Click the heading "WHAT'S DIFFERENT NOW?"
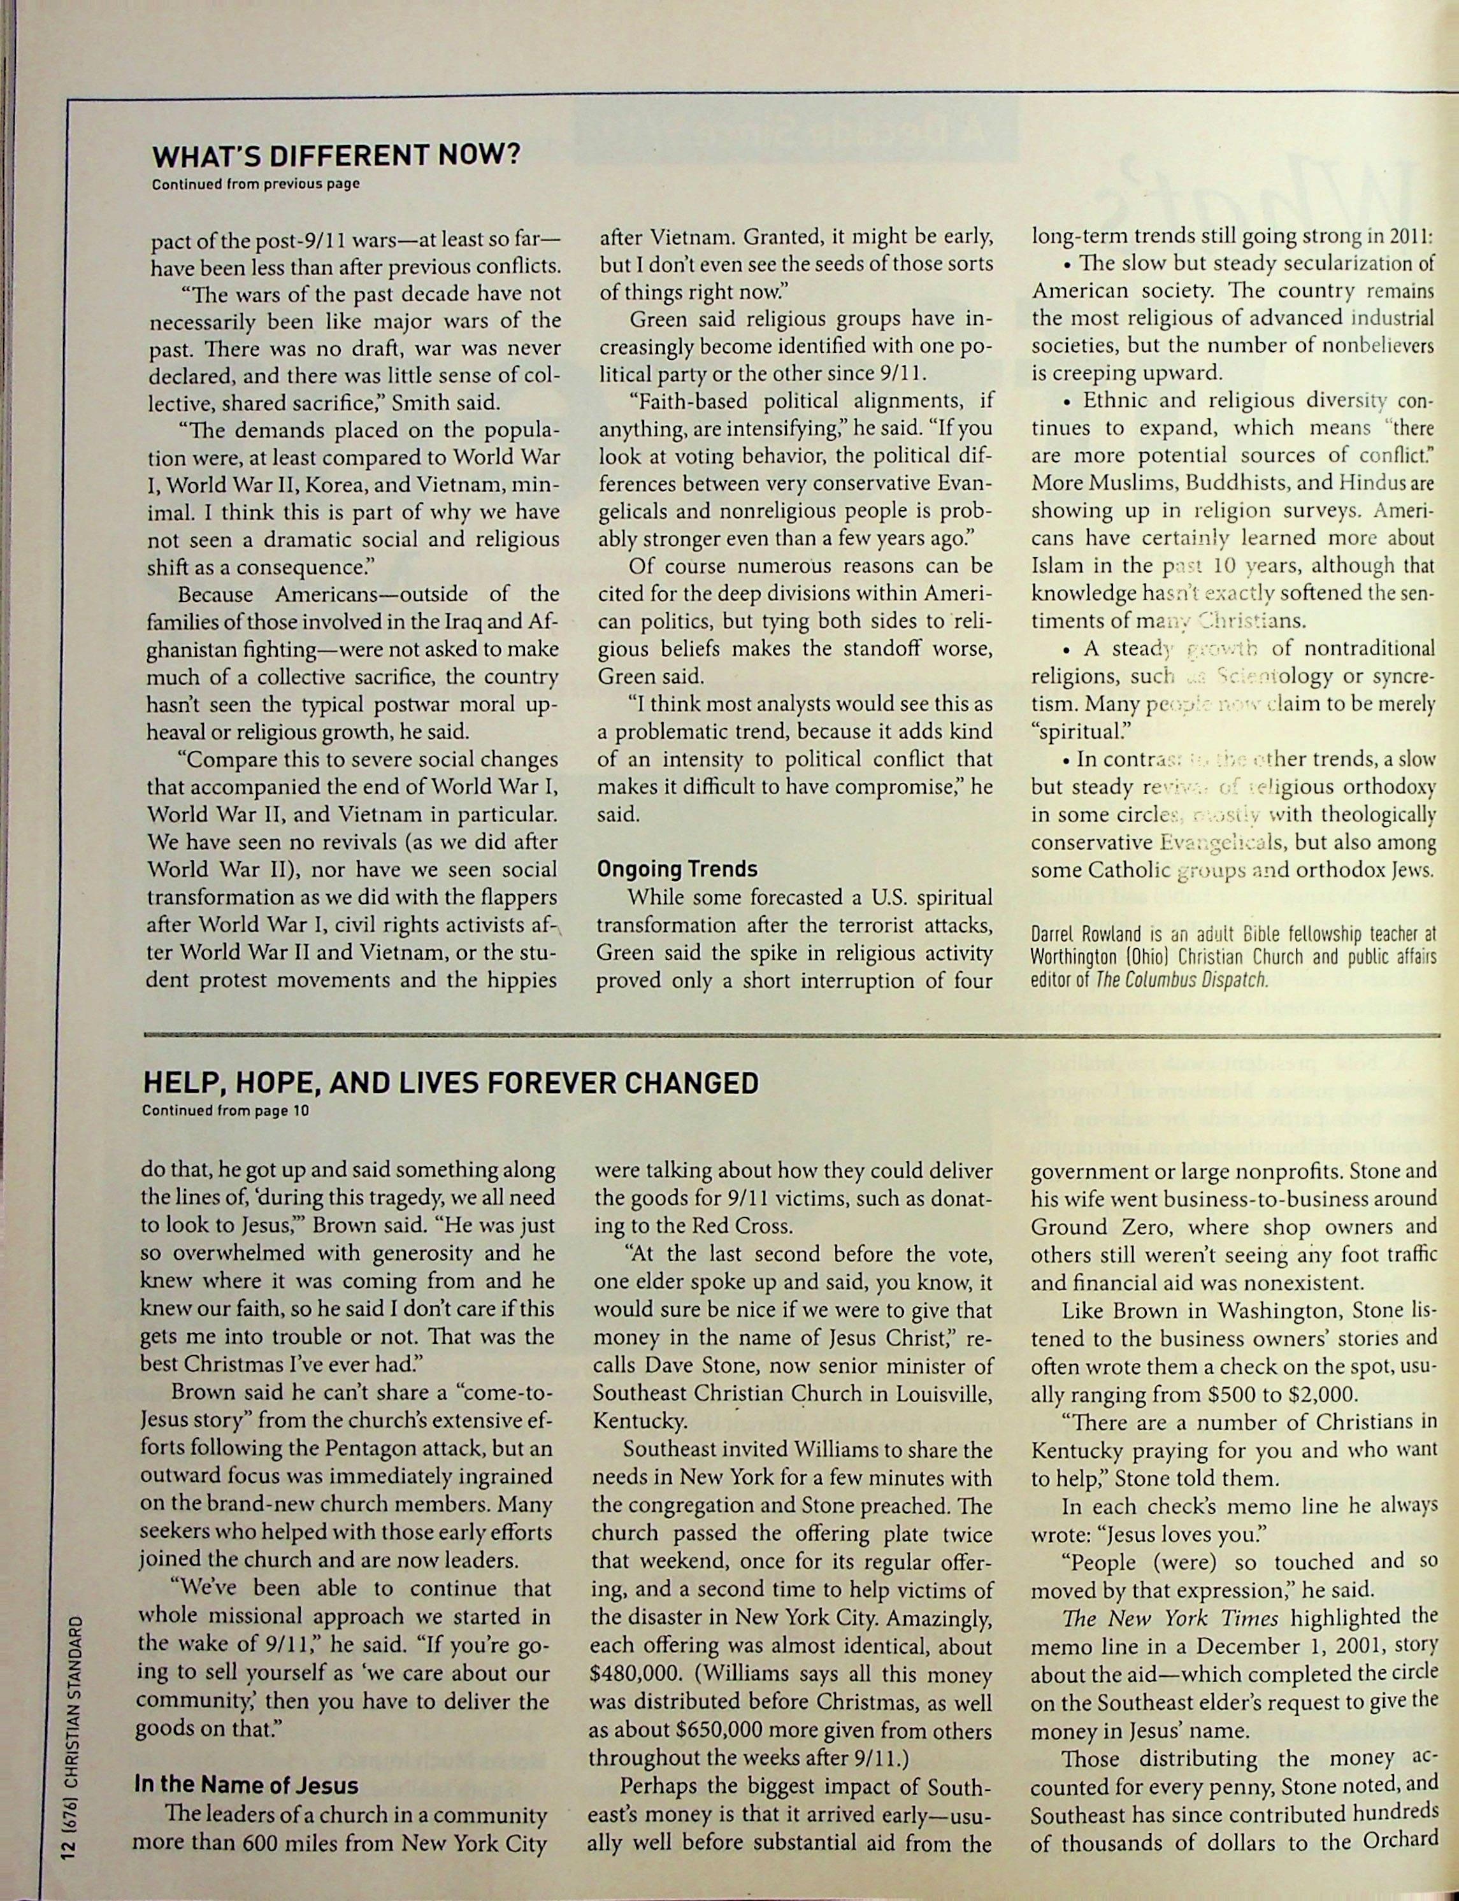coord(337,156)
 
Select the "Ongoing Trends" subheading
coord(677,869)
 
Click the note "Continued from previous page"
coord(256,184)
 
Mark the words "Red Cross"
coord(747,1226)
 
